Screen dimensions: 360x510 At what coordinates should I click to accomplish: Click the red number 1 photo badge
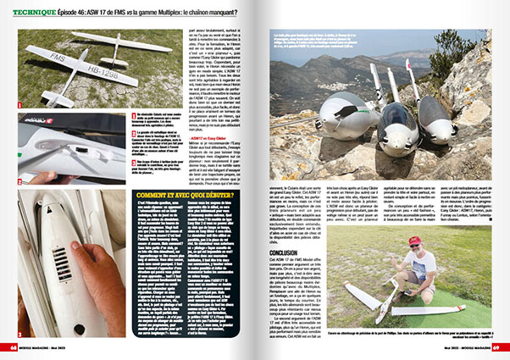point(20,104)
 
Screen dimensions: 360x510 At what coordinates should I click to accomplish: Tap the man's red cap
point(414,241)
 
